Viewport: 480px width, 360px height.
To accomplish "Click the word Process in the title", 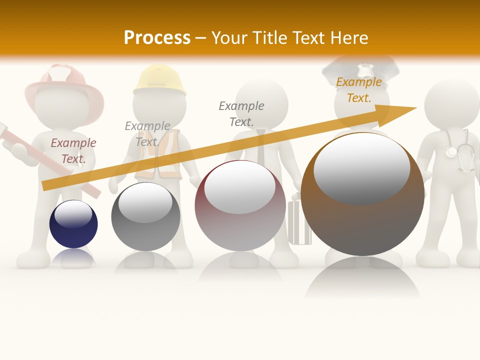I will point(157,38).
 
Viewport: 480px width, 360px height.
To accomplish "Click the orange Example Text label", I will point(358,90).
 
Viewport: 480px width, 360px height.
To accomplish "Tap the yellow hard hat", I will point(159,80).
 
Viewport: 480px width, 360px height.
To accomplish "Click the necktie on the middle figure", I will point(261,145).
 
